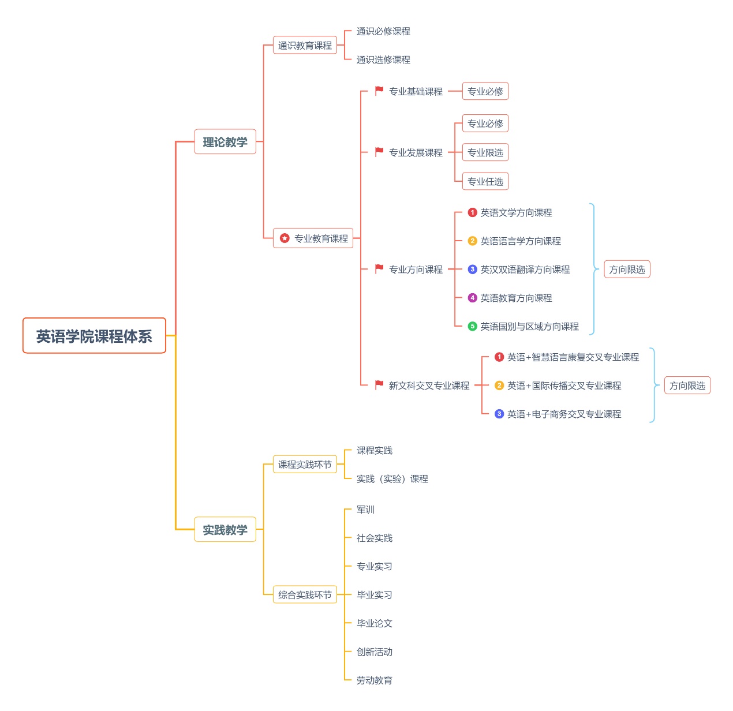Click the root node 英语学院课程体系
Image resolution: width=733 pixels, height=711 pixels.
click(94, 336)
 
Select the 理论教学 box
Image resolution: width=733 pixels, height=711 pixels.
click(225, 142)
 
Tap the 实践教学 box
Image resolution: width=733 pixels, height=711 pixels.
click(225, 530)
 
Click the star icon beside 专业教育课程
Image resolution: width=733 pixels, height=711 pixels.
click(285, 238)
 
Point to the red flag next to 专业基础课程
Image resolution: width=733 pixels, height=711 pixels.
click(379, 91)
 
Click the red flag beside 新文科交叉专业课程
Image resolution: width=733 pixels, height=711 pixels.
click(379, 385)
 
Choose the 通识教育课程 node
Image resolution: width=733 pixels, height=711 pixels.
click(305, 46)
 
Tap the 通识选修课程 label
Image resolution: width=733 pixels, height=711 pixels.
click(383, 60)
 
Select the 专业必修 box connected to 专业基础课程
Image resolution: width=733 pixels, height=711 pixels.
click(485, 91)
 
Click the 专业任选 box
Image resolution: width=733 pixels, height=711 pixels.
click(485, 182)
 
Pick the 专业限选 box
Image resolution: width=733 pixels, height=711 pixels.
click(485, 153)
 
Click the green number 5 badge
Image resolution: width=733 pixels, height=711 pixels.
click(472, 327)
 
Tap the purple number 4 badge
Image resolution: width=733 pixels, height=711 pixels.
click(472, 298)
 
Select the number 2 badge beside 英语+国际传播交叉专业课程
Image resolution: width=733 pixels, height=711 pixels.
click(499, 386)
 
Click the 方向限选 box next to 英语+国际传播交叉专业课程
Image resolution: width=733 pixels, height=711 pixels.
click(687, 386)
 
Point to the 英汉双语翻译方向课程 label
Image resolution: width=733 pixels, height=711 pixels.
click(525, 270)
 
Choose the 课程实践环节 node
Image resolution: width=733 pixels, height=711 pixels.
click(305, 465)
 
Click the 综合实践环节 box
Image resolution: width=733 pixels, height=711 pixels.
click(305, 595)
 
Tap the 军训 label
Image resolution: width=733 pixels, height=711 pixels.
click(365, 510)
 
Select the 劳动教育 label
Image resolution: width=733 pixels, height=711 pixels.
click(374, 680)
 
